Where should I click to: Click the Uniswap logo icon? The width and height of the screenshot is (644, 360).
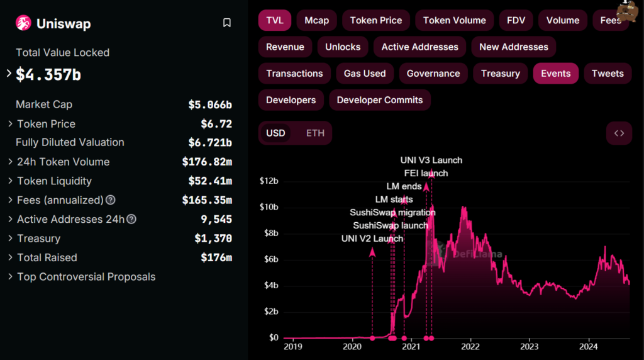pyautogui.click(x=24, y=23)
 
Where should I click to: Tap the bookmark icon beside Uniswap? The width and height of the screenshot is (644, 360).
pyautogui.click(x=227, y=23)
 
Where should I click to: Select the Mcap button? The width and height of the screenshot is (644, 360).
pyautogui.click(x=316, y=20)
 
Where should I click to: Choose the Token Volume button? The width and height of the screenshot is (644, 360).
pyautogui.click(x=454, y=20)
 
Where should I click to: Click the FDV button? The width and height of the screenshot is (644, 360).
pyautogui.click(x=516, y=20)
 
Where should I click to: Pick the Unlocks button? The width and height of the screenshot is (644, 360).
pyautogui.click(x=343, y=47)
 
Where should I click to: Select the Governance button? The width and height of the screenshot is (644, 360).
pyautogui.click(x=433, y=73)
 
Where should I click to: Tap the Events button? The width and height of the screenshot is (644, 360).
pyautogui.click(x=555, y=73)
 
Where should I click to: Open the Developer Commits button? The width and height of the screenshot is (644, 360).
pyautogui.click(x=380, y=99)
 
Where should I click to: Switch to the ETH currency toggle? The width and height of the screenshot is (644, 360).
pyautogui.click(x=315, y=133)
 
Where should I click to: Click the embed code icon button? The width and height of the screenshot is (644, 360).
pyautogui.click(x=619, y=133)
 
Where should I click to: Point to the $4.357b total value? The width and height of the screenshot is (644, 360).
pyautogui.click(x=48, y=74)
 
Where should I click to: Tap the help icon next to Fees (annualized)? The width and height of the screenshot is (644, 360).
pyautogui.click(x=111, y=200)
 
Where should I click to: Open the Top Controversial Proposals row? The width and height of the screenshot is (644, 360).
pyautogui.click(x=86, y=277)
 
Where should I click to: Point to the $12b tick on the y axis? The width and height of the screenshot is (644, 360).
pyautogui.click(x=269, y=181)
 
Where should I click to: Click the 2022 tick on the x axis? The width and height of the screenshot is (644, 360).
pyautogui.click(x=470, y=346)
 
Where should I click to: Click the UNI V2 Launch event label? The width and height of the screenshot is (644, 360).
pyautogui.click(x=372, y=239)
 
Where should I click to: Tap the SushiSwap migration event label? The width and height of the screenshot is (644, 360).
pyautogui.click(x=393, y=212)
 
